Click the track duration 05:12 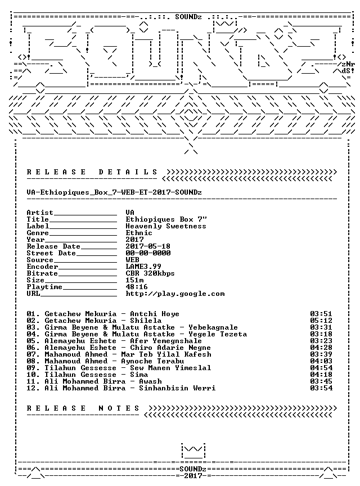coord(321,321)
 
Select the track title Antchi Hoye coord(155,314)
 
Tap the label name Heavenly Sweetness coord(165,226)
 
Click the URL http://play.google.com coord(175,294)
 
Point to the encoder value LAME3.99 coord(143,267)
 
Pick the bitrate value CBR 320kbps coord(150,273)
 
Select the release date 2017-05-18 coord(148,246)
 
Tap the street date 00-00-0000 coord(148,253)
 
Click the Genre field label coord(38,233)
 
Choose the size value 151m coord(134,280)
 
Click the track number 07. coord(33,354)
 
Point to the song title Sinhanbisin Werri coord(177,388)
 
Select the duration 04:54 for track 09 coord(321,368)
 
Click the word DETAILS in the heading coord(128,172)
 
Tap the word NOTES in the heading coord(119,408)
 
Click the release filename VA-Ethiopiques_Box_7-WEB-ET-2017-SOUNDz coord(114,192)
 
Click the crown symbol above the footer coord(193,451)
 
